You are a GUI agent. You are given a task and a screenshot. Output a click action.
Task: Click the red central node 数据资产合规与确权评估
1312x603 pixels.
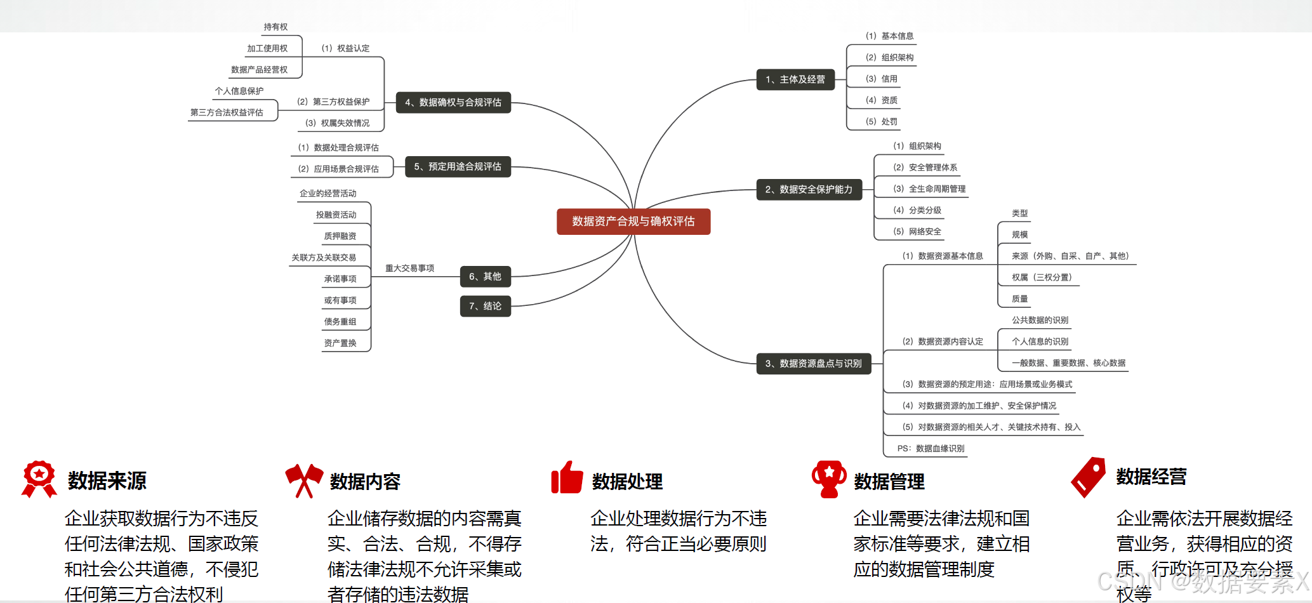coord(633,222)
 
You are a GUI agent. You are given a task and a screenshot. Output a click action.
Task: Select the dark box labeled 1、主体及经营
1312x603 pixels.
coord(795,80)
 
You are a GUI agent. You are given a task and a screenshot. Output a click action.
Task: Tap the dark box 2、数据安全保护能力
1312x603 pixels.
coord(809,190)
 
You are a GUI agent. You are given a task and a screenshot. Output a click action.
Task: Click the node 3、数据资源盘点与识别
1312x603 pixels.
coord(813,364)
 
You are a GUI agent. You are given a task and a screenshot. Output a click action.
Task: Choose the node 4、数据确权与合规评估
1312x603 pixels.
coord(453,102)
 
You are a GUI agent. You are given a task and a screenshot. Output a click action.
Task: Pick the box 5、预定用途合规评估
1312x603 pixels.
coord(458,167)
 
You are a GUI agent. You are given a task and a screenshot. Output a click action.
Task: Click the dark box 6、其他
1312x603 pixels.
coord(485,277)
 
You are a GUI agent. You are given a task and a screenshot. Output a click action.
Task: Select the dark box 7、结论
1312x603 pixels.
coord(485,306)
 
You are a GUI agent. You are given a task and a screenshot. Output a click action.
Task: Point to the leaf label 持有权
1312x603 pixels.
coord(275,27)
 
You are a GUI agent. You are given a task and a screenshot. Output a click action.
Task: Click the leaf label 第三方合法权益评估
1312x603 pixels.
coord(227,113)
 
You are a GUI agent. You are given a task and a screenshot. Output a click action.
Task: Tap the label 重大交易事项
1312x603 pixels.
coord(409,268)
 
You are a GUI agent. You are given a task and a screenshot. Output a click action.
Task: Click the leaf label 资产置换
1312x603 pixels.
coord(340,343)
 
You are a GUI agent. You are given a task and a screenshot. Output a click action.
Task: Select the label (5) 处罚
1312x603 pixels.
coord(882,122)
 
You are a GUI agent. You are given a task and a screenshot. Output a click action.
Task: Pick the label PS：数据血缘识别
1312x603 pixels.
coord(931,449)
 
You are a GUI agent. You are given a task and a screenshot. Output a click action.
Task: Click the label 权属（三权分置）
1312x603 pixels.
coord(1042,277)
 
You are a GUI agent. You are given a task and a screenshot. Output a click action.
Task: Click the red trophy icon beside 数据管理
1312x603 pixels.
coord(829,479)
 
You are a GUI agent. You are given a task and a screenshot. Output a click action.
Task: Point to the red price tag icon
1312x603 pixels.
coord(1089,477)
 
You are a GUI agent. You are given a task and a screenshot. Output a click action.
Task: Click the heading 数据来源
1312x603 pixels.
coord(107,480)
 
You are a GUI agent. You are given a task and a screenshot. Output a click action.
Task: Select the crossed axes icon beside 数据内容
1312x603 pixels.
coord(304,480)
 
